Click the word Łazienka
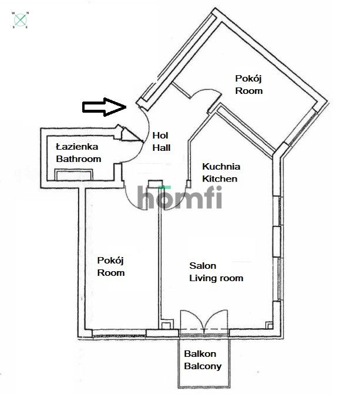(x=77, y=146)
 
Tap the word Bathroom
(x=79, y=159)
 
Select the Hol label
(x=160, y=135)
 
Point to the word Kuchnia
(x=221, y=166)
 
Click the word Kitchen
(x=220, y=178)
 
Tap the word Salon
(x=203, y=265)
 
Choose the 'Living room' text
(x=216, y=278)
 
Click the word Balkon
(x=200, y=354)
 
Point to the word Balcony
(x=203, y=366)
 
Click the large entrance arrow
(x=104, y=107)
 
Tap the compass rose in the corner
(x=21, y=20)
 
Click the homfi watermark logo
(x=180, y=197)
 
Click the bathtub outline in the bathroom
(x=73, y=174)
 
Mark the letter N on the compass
(x=28, y=13)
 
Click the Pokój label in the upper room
(x=248, y=79)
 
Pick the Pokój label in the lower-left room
(x=110, y=261)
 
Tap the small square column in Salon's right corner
(x=270, y=325)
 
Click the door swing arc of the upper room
(x=206, y=92)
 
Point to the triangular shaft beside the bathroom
(x=130, y=134)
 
